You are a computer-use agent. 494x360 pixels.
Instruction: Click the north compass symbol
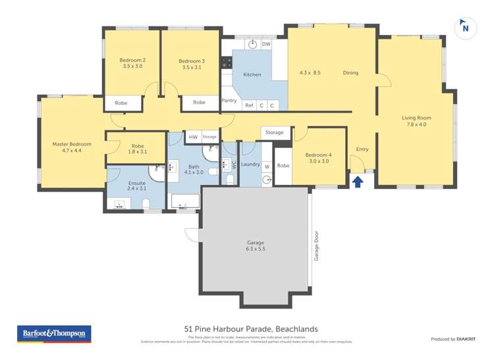[465, 27]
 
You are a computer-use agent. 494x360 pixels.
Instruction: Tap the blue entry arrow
[358, 181]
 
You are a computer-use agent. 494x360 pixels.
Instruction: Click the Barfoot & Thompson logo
[54, 334]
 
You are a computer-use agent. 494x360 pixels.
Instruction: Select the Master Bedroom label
[72, 144]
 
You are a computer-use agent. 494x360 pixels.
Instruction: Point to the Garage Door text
[316, 245]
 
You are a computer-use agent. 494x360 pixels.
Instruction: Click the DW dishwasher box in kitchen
[266, 44]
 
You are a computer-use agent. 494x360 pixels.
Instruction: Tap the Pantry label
[229, 101]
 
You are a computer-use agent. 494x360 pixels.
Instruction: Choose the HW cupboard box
[193, 137]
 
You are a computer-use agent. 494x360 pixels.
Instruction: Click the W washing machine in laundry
[267, 167]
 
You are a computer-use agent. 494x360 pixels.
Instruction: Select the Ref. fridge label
[250, 105]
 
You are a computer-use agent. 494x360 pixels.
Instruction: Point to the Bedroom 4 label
[319, 155]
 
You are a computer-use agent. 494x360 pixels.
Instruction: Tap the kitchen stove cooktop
[227, 63]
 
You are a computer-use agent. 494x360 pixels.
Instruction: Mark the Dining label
[350, 73]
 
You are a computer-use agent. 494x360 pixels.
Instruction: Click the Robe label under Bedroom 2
[121, 103]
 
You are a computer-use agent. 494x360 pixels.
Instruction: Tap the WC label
[233, 165]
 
